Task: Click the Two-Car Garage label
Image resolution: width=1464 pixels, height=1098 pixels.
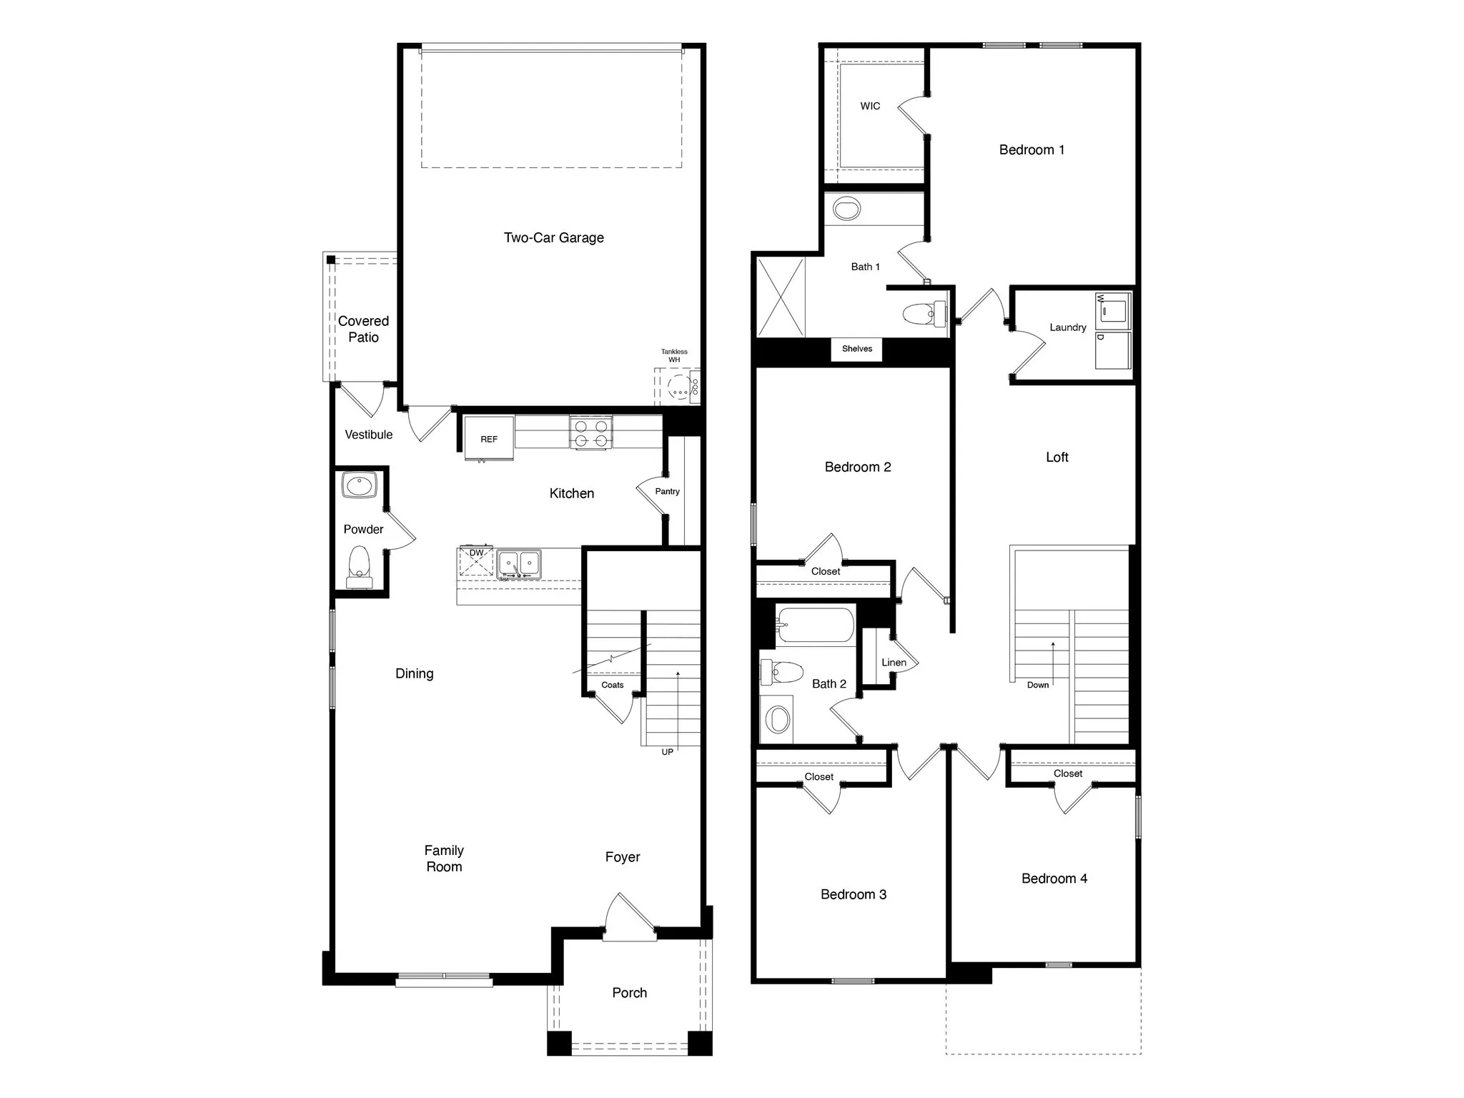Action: pyautogui.click(x=553, y=238)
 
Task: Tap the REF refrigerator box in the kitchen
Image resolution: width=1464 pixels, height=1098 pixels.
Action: pyautogui.click(x=489, y=439)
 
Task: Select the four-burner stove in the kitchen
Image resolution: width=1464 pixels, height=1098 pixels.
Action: pyautogui.click(x=591, y=432)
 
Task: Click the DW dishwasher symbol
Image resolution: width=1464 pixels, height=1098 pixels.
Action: pyautogui.click(x=476, y=561)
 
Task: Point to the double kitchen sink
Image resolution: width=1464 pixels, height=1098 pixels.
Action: pyautogui.click(x=519, y=563)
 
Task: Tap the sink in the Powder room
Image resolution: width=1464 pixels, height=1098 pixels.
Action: pyautogui.click(x=359, y=486)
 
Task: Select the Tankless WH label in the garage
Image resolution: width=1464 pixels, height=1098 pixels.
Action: pyautogui.click(x=674, y=355)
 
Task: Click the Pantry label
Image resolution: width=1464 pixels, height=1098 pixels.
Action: pyautogui.click(x=667, y=491)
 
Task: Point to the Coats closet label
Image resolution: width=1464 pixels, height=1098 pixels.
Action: pyautogui.click(x=612, y=685)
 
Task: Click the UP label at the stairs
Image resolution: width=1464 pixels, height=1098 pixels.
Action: pyautogui.click(x=667, y=752)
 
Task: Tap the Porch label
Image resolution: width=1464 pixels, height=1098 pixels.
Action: pyautogui.click(x=629, y=992)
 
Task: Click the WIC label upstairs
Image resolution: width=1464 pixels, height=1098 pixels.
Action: pyautogui.click(x=870, y=106)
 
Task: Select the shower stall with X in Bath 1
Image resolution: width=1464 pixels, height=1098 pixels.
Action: pyautogui.click(x=781, y=297)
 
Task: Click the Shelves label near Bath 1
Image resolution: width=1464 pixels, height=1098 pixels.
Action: pyautogui.click(x=856, y=349)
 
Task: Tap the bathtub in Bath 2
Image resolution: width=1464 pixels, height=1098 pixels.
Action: pyautogui.click(x=816, y=625)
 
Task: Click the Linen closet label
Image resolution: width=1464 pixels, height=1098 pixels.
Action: pyautogui.click(x=894, y=663)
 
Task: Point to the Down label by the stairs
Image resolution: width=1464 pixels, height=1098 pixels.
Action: pyautogui.click(x=1037, y=685)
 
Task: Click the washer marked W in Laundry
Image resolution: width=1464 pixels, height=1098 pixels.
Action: pyautogui.click(x=1113, y=310)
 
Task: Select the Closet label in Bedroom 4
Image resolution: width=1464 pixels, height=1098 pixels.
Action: pyautogui.click(x=1067, y=773)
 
